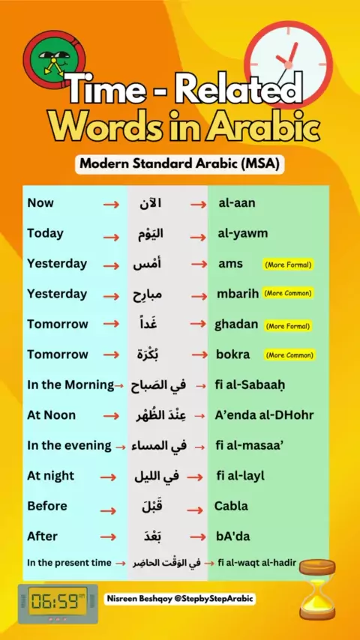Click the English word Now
(x=40, y=203)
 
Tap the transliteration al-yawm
(x=243, y=234)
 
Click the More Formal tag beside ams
(x=288, y=265)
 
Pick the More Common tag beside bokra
(x=289, y=354)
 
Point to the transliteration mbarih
(x=238, y=294)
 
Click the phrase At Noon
(x=52, y=415)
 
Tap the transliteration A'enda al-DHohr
(x=265, y=415)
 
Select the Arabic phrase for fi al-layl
(x=157, y=477)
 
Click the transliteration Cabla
(x=231, y=506)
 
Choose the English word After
(x=43, y=536)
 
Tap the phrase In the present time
(x=69, y=563)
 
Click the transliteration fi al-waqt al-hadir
(x=257, y=563)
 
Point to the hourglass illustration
(x=317, y=589)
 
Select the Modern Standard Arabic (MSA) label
(x=179, y=164)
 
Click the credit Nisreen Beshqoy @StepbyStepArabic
(x=180, y=599)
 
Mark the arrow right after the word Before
(x=108, y=510)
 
